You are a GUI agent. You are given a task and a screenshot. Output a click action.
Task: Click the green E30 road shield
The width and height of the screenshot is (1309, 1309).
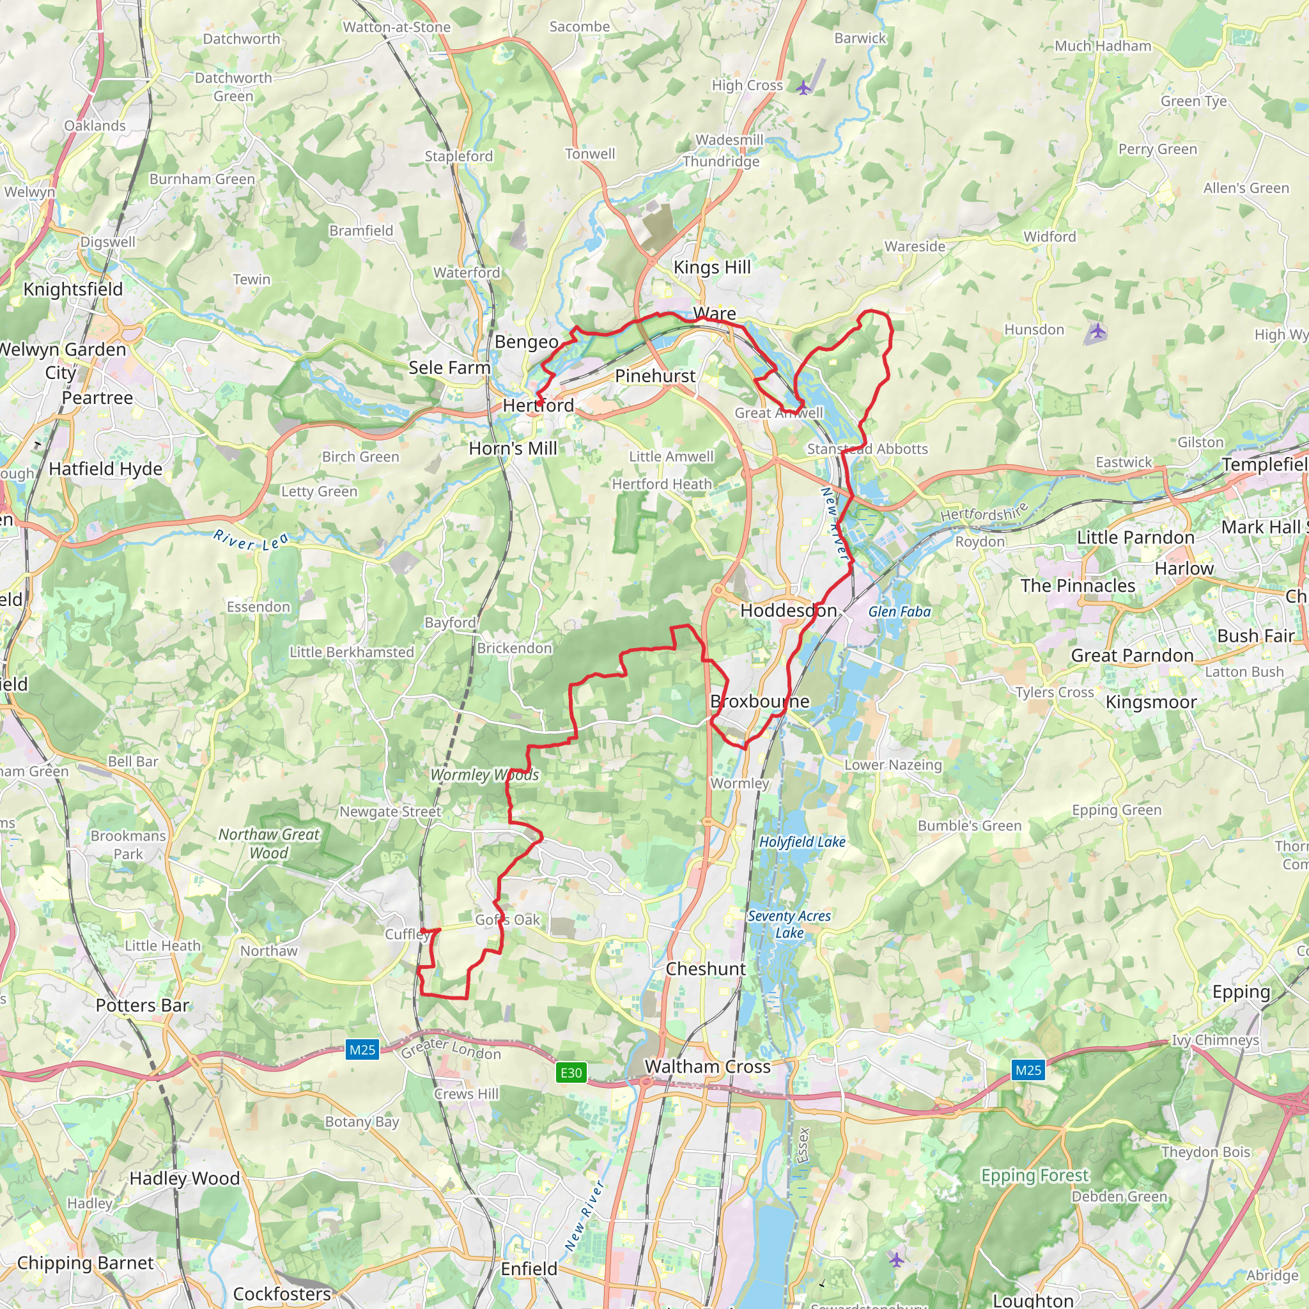pos(571,1073)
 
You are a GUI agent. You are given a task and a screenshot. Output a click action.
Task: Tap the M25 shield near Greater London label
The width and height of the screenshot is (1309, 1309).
pos(362,1050)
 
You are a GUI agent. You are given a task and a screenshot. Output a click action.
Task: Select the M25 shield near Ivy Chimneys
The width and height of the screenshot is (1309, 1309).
pos(1028,1070)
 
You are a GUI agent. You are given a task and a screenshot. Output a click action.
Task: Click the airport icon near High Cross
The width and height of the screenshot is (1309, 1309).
pos(803,88)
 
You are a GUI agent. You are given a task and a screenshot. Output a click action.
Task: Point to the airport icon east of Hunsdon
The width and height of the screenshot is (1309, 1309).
pos(1097,332)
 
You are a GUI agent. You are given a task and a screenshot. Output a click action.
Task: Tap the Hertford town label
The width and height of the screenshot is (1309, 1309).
pos(538,405)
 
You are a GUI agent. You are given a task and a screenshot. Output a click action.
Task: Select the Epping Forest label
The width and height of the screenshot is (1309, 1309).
pos(1035,1175)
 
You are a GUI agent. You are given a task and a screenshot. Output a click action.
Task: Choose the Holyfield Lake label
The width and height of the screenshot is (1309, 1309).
pos(802,842)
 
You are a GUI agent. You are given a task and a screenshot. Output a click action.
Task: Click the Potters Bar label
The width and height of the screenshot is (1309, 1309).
pos(143,1005)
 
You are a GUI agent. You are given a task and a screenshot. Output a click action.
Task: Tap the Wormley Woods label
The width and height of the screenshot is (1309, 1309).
pos(484,775)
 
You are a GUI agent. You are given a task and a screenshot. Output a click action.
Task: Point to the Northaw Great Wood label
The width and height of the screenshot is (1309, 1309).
pos(268,844)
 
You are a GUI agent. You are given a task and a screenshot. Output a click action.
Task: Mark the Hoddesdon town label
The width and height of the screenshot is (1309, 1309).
pos(788,610)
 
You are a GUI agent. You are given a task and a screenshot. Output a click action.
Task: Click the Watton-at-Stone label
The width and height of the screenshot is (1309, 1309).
pos(396,27)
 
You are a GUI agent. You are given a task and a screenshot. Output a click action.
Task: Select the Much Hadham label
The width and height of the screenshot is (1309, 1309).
pos(1103,46)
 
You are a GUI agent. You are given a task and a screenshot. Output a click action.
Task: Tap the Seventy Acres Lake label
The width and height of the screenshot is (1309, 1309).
pos(789,924)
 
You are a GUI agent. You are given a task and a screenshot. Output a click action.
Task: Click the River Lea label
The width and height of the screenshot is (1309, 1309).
pos(251,540)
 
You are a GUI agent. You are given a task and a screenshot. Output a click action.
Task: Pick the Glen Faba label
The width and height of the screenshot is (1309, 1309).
pos(899,612)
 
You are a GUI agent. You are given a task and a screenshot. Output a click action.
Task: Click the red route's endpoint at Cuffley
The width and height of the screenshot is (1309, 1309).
pos(422,930)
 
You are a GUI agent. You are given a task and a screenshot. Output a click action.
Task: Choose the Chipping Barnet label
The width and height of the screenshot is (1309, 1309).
pos(86,1263)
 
